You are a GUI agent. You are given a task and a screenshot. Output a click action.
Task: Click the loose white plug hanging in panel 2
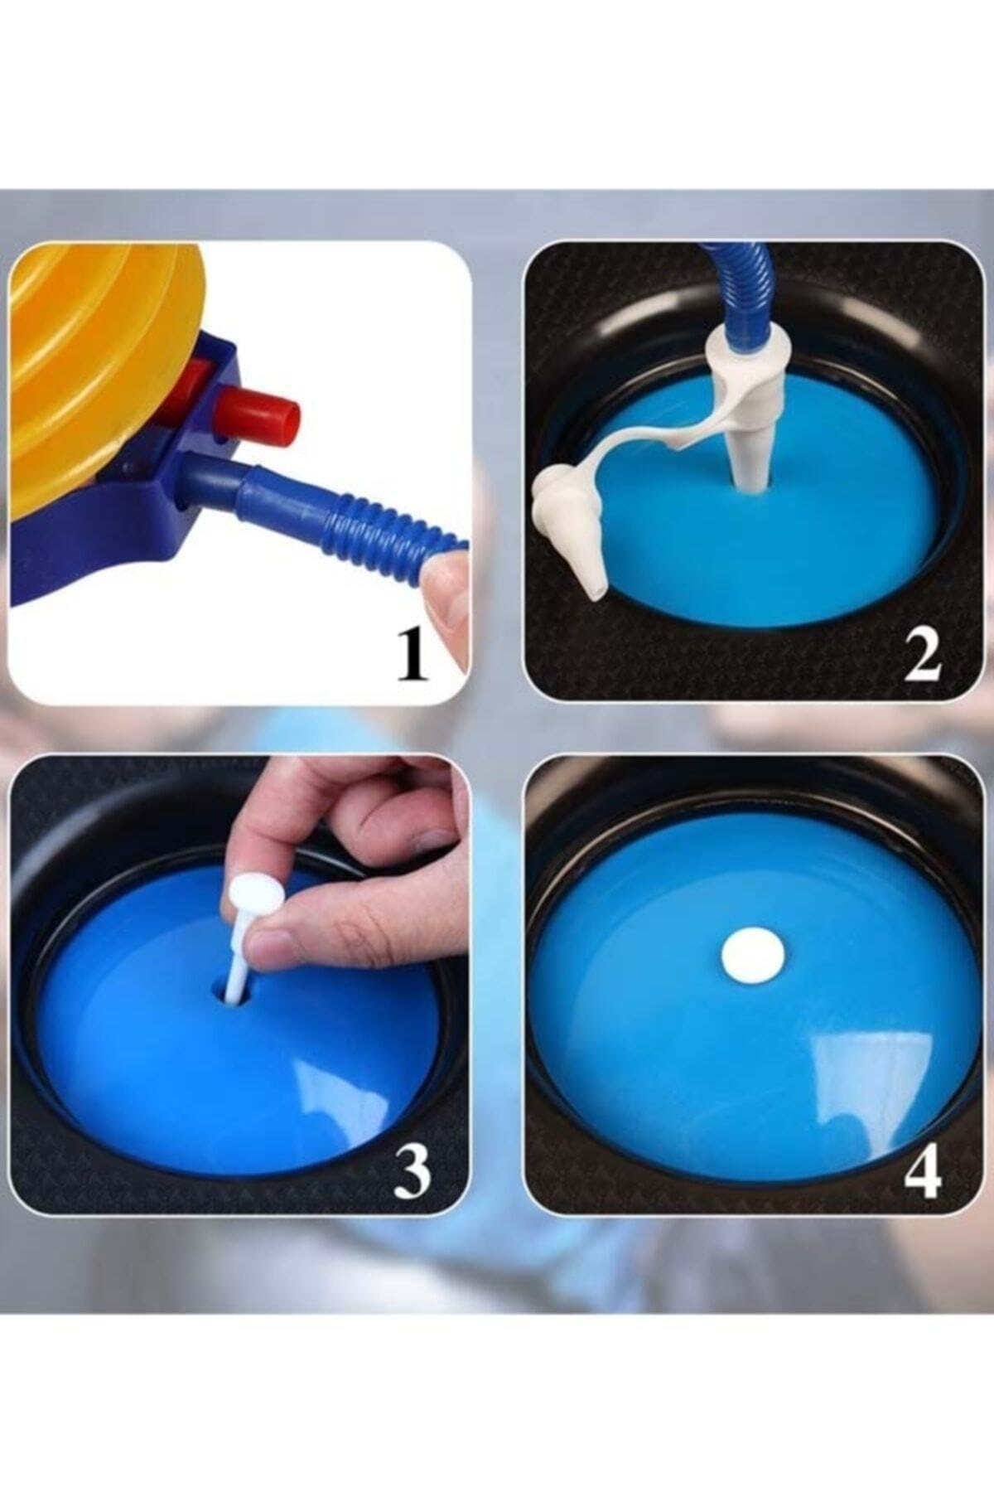pyautogui.click(x=572, y=530)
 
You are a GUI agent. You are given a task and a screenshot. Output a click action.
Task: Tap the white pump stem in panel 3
pyautogui.click(x=240, y=953)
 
